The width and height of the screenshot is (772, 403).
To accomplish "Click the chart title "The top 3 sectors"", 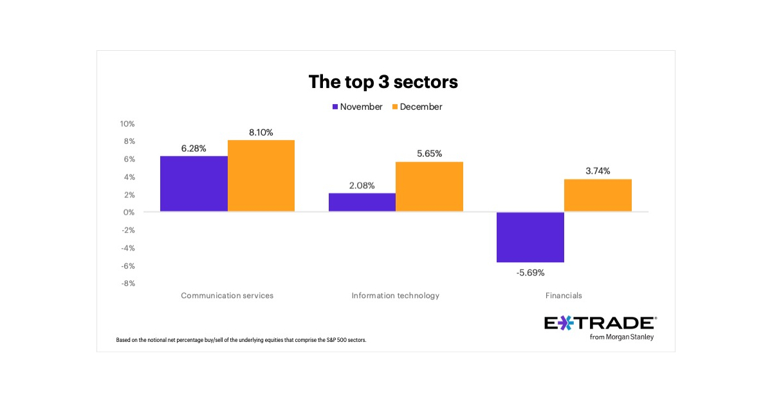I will pyautogui.click(x=383, y=82).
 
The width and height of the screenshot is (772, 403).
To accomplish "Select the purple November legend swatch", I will pyautogui.click(x=335, y=107).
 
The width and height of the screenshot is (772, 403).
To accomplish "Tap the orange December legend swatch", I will pyautogui.click(x=394, y=107).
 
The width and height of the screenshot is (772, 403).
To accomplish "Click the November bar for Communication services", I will pyautogui.click(x=194, y=184).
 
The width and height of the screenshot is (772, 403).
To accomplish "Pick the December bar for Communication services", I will pyautogui.click(x=261, y=175).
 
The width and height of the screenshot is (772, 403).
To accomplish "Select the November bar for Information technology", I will pyautogui.click(x=362, y=202).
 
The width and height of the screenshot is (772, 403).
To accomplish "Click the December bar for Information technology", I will pyautogui.click(x=429, y=186).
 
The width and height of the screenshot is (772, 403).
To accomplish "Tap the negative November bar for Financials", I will pyautogui.click(x=531, y=237).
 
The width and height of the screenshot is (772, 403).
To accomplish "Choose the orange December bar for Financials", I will pyautogui.click(x=598, y=195).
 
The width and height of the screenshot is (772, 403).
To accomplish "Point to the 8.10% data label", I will pyautogui.click(x=261, y=132).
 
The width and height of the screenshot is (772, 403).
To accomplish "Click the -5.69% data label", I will pyautogui.click(x=530, y=273).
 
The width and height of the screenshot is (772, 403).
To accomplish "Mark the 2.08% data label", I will pyautogui.click(x=362, y=185).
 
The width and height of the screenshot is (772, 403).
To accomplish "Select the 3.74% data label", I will pyautogui.click(x=598, y=171).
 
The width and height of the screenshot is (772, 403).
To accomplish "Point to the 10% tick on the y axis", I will pyautogui.click(x=126, y=123).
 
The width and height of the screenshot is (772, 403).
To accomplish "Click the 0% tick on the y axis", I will pyautogui.click(x=128, y=212).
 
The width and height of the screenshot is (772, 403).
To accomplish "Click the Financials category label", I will pyautogui.click(x=564, y=296).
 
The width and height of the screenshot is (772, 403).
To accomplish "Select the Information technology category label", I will pyautogui.click(x=396, y=296).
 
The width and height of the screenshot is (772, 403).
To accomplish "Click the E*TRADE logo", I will pyautogui.click(x=600, y=327).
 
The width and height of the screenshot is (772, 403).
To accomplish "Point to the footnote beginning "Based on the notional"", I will pyautogui.click(x=241, y=340).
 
